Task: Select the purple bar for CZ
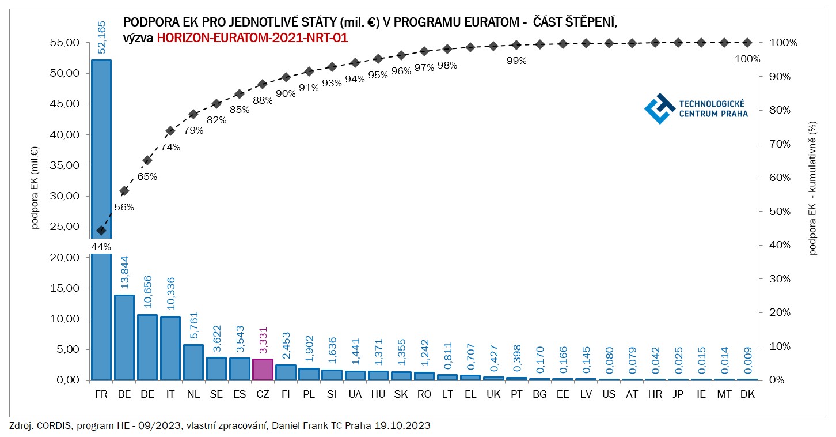click(x=263, y=370)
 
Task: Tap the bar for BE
click(x=124, y=337)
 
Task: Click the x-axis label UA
click(x=355, y=394)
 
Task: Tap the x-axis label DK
click(x=747, y=394)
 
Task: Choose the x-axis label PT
click(x=516, y=394)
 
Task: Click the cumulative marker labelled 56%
click(x=124, y=191)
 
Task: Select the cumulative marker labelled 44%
click(x=101, y=231)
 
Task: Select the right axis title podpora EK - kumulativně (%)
click(x=812, y=187)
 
